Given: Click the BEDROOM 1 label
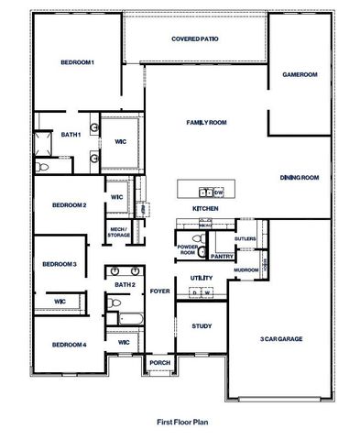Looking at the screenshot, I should [x=78, y=61].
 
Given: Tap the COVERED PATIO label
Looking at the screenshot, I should [x=194, y=39].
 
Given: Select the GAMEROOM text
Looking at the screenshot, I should [x=299, y=74].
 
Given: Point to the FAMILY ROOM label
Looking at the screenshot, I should [x=206, y=122].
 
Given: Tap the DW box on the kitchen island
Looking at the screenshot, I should [x=219, y=192].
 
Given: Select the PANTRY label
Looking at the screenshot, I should [x=223, y=256].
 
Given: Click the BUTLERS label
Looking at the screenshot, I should [x=245, y=238].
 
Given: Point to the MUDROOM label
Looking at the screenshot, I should [x=245, y=270].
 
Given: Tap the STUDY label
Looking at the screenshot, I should [x=202, y=326].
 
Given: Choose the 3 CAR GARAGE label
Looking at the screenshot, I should [x=280, y=339].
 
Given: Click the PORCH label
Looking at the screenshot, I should [x=158, y=364].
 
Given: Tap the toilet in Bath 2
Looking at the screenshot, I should [x=111, y=318].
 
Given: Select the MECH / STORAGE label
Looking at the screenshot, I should [x=119, y=232].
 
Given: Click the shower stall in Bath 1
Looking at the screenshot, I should [x=42, y=142].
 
